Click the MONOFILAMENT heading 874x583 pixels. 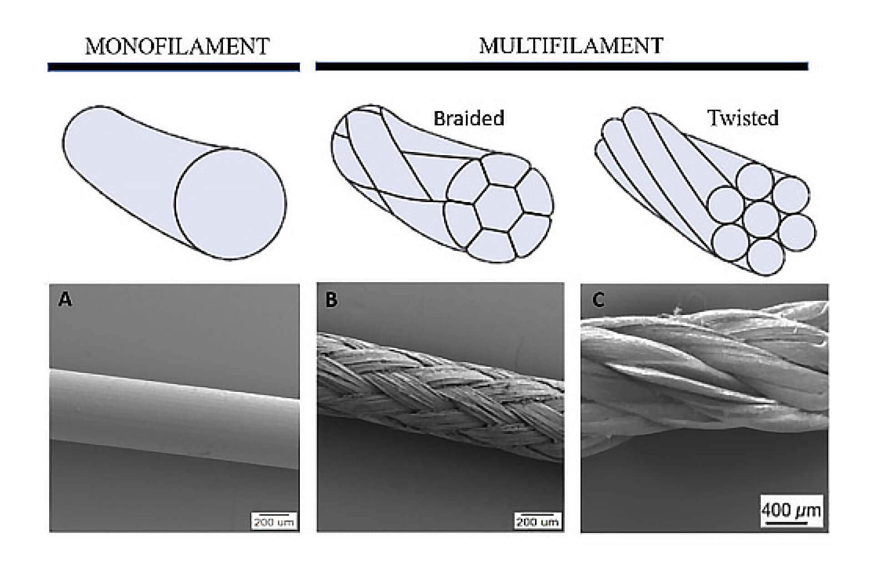[177, 46]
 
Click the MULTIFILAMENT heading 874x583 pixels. [571, 46]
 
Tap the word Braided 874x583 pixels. [469, 118]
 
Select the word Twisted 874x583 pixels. [743, 118]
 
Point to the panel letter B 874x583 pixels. [332, 300]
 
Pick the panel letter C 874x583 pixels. [598, 300]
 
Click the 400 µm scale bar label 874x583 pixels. [792, 510]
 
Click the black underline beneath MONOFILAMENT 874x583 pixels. [174, 67]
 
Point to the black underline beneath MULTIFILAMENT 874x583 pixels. [562, 66]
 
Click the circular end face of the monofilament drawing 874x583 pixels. [230, 204]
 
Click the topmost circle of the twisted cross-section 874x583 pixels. [754, 180]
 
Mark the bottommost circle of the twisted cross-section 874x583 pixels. [766, 257]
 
